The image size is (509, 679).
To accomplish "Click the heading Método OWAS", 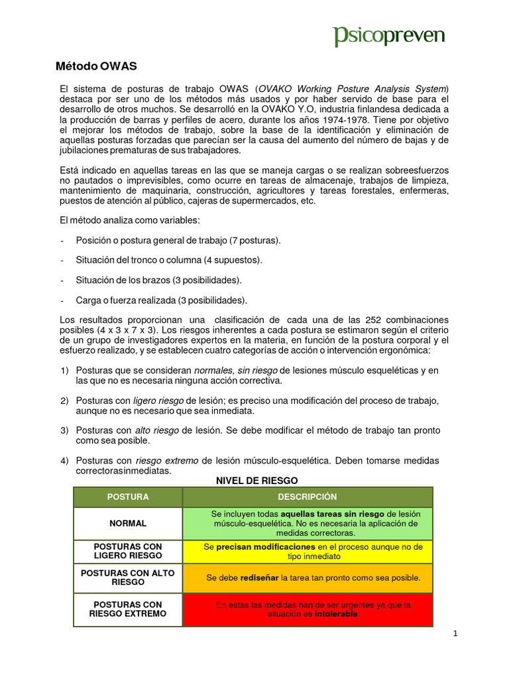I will tap(95, 66).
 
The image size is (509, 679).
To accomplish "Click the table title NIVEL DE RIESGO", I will tap(257, 480).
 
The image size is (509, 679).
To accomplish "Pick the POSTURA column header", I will tap(128, 497).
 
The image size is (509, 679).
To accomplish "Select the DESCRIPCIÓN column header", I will tap(308, 497).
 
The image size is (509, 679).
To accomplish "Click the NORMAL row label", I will tap(128, 523).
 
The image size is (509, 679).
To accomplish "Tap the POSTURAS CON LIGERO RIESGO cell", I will tap(128, 551).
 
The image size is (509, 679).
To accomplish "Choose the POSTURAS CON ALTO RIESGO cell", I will tap(128, 578).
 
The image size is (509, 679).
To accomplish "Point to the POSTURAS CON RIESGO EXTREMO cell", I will tap(128, 609).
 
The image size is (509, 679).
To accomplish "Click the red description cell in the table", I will tap(308, 609).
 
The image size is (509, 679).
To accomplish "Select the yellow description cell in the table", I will tap(308, 551).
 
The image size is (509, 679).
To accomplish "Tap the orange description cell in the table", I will tap(308, 578).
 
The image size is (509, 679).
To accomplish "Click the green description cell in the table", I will tap(308, 523).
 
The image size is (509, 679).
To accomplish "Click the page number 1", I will tap(455, 634).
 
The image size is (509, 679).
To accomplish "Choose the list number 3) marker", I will tap(64, 431).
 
